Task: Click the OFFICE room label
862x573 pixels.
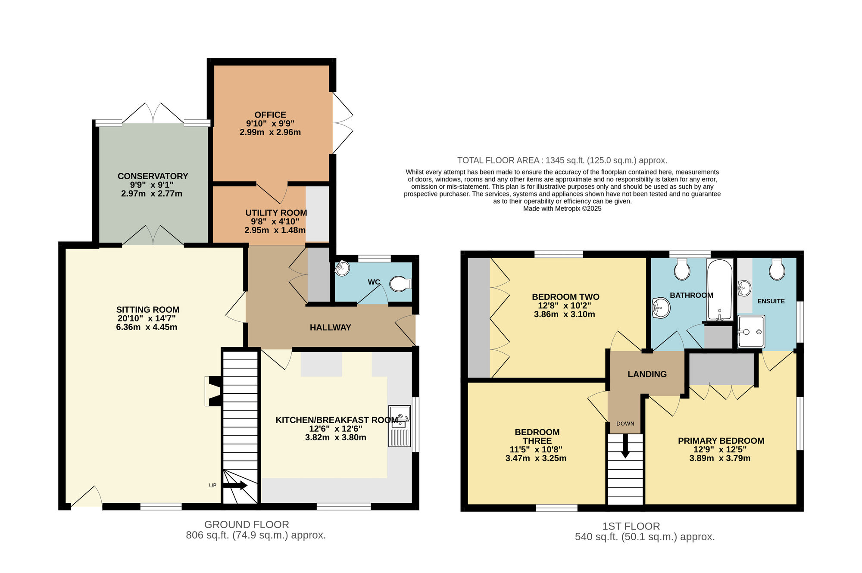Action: click(270, 115)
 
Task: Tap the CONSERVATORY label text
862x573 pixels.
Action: click(153, 176)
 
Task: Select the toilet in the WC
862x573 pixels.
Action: click(400, 284)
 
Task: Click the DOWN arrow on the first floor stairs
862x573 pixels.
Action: click(625, 448)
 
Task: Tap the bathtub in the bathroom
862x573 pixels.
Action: click(719, 290)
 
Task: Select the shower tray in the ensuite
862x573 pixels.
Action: click(751, 331)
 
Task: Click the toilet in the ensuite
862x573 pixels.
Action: click(777, 270)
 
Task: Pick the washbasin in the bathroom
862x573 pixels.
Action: click(661, 308)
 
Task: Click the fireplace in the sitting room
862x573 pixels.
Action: click(214, 391)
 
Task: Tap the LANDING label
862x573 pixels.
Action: click(647, 374)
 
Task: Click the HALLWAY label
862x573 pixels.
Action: click(330, 327)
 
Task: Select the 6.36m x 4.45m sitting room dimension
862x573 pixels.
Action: click(147, 327)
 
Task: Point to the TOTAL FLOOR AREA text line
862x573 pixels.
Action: click(562, 160)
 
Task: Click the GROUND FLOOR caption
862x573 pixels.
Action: click(247, 525)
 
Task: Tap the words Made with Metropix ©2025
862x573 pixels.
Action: click(562, 209)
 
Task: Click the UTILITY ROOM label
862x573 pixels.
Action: click(276, 213)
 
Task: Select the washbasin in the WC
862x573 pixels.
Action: click(342, 268)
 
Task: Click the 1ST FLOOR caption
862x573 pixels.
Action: click(631, 526)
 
